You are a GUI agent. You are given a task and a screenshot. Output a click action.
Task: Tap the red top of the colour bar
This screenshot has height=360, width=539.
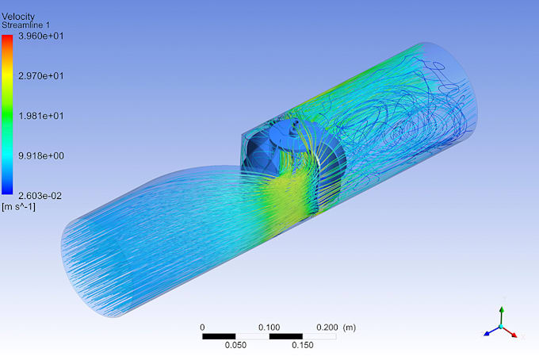[7, 40]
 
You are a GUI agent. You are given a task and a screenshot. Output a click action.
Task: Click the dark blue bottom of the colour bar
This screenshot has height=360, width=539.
[7, 190]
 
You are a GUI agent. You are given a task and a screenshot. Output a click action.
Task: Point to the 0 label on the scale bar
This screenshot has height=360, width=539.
[203, 327]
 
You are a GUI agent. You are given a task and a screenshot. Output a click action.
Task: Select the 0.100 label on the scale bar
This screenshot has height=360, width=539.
[269, 327]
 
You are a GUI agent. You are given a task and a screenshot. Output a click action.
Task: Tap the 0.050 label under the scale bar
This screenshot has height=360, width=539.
[236, 345]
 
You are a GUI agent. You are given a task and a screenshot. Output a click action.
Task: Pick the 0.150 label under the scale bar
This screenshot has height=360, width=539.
[303, 345]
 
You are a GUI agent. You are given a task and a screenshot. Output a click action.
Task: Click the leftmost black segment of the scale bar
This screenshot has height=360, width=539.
[220, 336]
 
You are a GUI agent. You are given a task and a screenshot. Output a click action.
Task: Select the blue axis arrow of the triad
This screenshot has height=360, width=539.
[489, 333]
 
